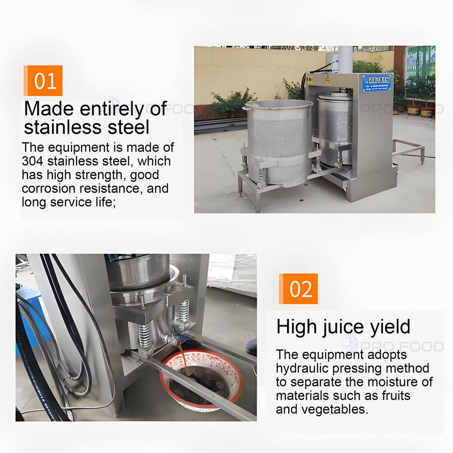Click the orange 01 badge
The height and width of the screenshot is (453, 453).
tap(43, 81)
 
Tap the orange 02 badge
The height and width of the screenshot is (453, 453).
tap(298, 289)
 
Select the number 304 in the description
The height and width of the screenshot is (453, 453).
tap(33, 161)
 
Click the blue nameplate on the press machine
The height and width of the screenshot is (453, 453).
tap(377, 83)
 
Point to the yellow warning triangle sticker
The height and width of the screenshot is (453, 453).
tap(327, 78)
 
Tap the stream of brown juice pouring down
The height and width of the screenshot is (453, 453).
tap(183, 358)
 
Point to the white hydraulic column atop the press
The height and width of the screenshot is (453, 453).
tap(345, 59)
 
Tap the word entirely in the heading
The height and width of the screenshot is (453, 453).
tap(112, 109)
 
